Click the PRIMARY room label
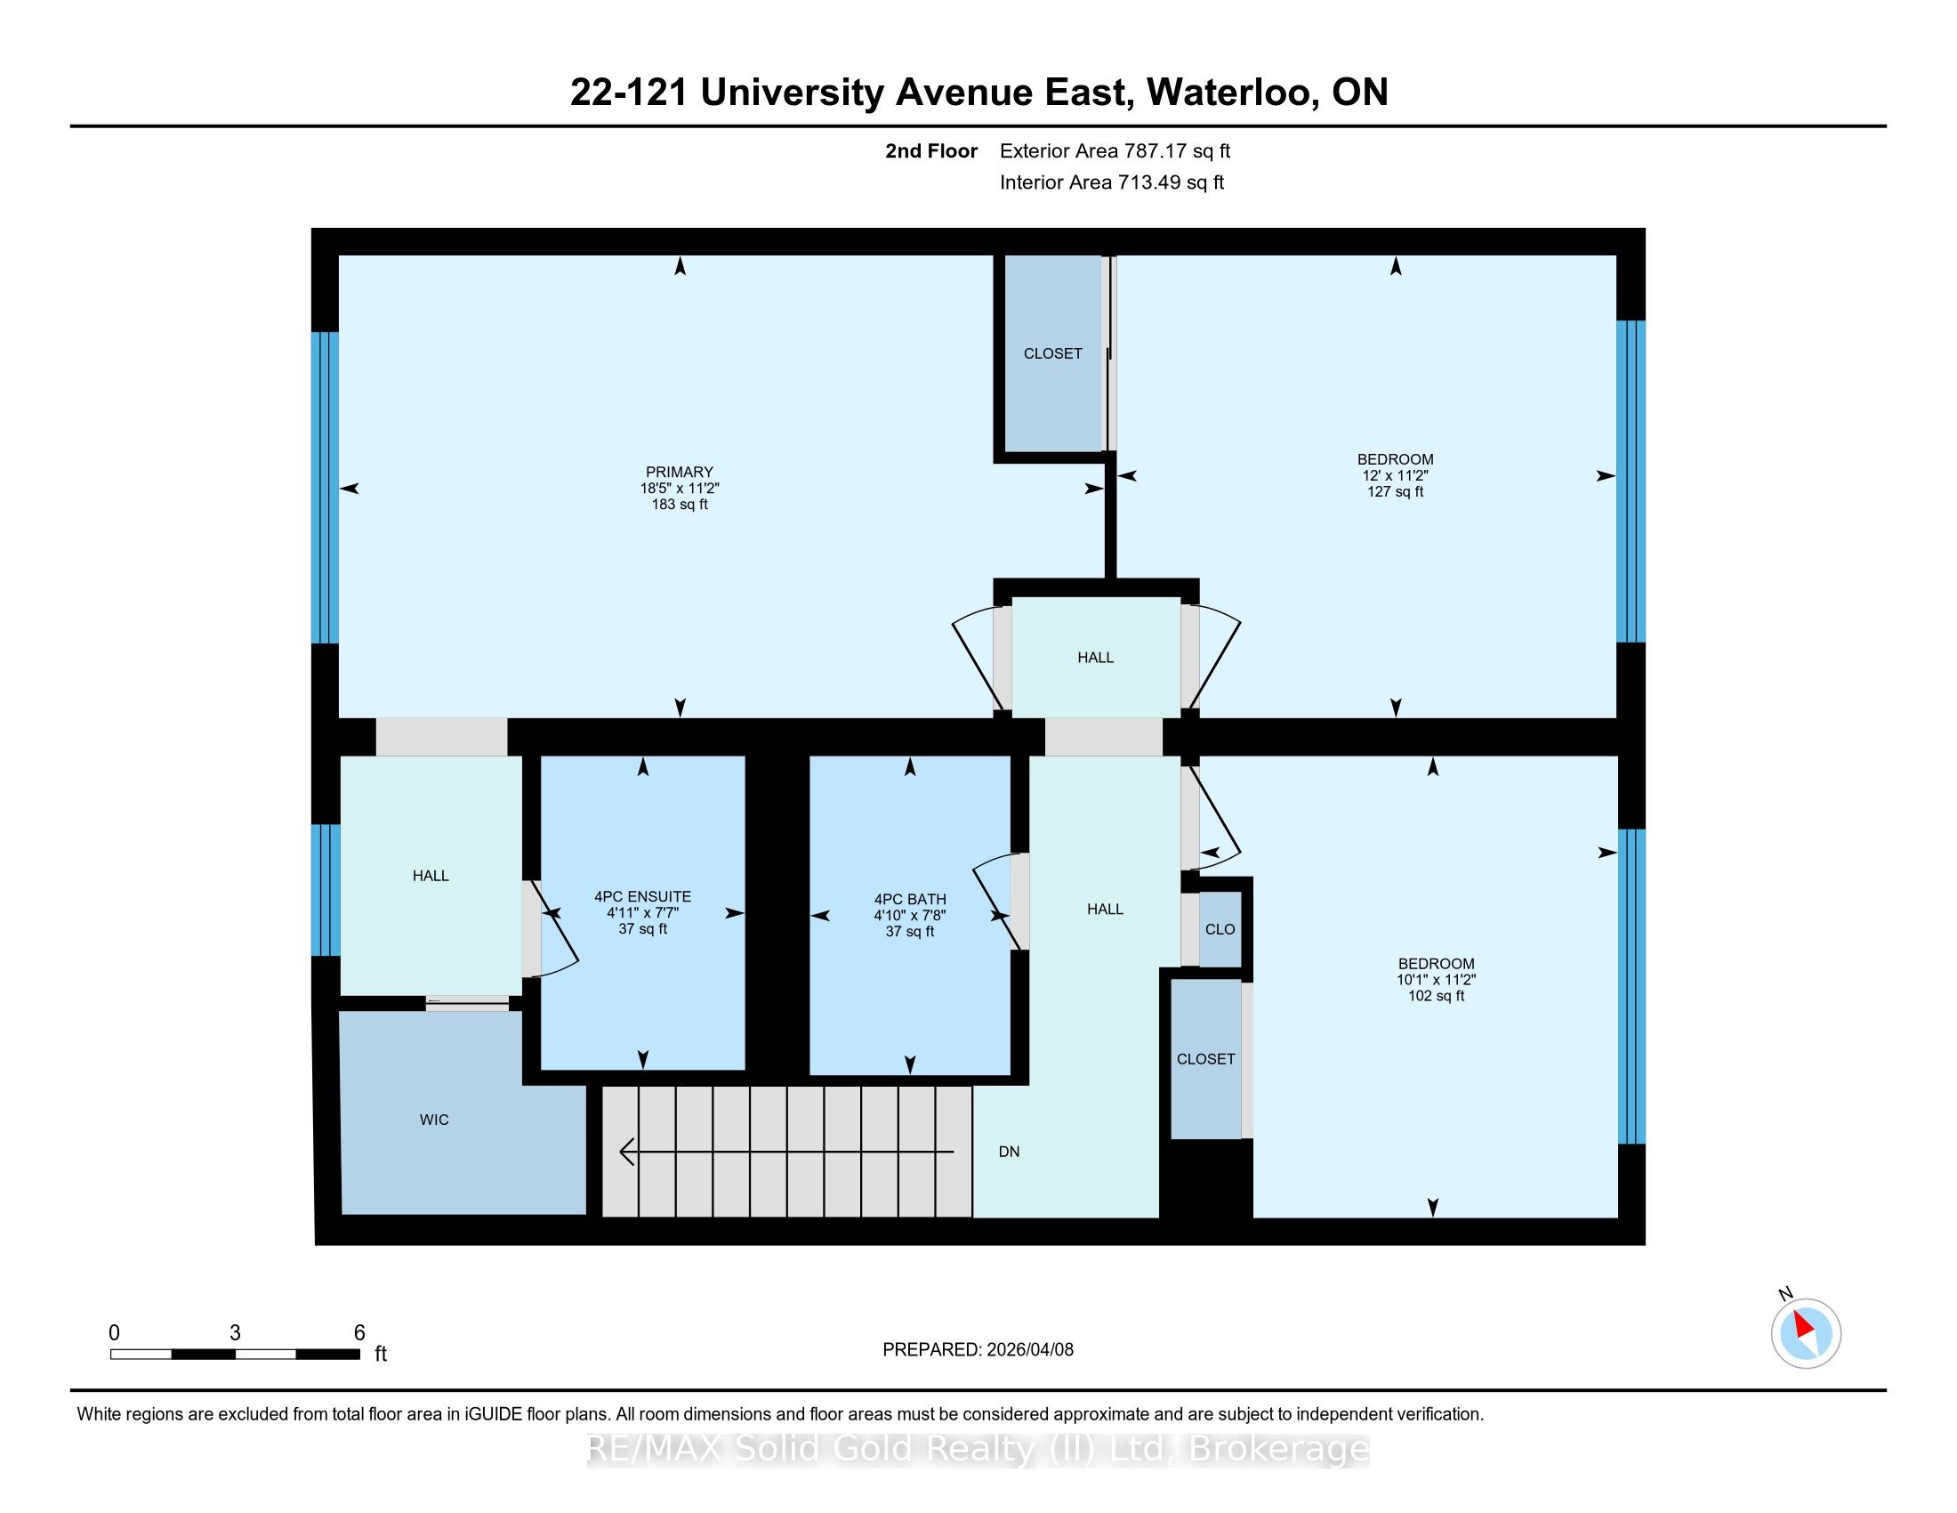(680, 472)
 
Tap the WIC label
(434, 1120)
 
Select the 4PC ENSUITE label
(642, 896)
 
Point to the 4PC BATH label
(909, 899)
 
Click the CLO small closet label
(1220, 929)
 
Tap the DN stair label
(1009, 1152)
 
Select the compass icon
(1806, 1334)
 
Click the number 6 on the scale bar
(359, 1333)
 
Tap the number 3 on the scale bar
(235, 1333)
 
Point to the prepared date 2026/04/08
(1028, 1350)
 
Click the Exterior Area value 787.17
(1154, 151)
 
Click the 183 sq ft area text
(680, 505)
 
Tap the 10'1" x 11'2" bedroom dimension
(1436, 980)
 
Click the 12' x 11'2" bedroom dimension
(1395, 476)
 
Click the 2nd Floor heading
(931, 151)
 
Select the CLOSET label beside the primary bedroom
(1053, 354)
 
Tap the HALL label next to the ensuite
(431, 876)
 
